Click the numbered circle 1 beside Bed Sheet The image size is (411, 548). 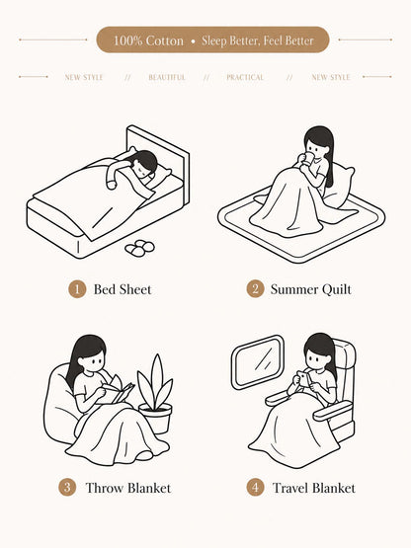77,289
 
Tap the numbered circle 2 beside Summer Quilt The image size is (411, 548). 255,289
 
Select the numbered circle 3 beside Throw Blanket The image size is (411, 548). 67,488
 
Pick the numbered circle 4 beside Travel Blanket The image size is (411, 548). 255,488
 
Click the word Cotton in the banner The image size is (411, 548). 164,40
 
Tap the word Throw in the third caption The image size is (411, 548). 105,488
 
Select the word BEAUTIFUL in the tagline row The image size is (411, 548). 167,77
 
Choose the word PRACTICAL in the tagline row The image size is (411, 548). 245,77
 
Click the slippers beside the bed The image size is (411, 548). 139,248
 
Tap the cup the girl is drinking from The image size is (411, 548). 308,159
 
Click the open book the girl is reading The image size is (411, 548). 118,392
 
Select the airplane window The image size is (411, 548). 258,361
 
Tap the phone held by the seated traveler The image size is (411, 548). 304,379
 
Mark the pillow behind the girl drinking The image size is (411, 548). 339,186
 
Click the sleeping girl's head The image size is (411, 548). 144,163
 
